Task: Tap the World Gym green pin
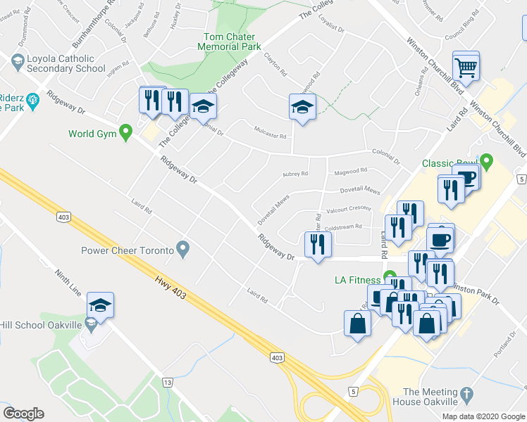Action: [126, 131]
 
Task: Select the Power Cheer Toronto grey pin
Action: [183, 248]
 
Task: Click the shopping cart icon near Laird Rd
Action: [466, 68]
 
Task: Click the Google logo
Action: [23, 414]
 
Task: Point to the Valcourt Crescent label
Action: [348, 208]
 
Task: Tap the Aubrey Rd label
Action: [295, 173]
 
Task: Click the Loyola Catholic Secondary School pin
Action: [15, 62]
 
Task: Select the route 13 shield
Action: [167, 382]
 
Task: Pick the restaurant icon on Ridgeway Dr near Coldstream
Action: [316, 244]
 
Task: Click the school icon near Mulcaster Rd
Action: [302, 107]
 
